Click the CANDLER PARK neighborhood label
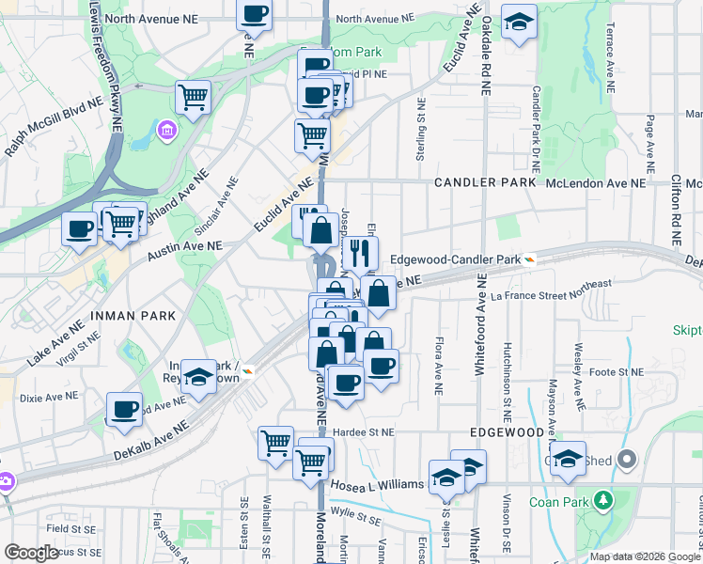point(484,182)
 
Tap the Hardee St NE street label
point(363,432)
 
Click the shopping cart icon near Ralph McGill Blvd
point(193,97)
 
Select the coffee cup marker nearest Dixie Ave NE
point(124,409)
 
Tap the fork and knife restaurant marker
point(358,252)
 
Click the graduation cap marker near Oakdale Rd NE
point(518,23)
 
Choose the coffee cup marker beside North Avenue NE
point(254,15)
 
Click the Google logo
point(31,553)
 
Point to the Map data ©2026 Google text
point(644,556)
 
